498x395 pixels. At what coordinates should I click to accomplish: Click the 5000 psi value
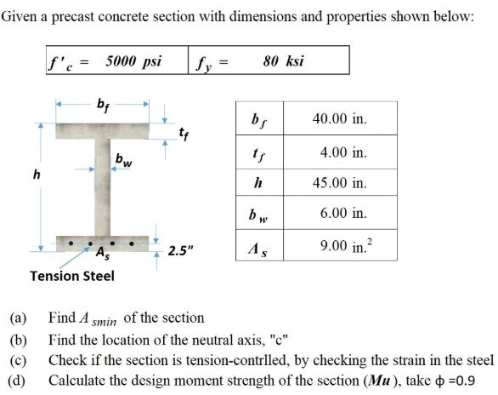[x=133, y=60]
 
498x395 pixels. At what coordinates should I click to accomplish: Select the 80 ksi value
[x=284, y=60]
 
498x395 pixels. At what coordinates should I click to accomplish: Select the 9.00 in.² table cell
[x=344, y=245]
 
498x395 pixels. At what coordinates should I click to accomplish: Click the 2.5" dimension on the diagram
[x=181, y=250]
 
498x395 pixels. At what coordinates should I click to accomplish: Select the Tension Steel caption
[x=72, y=276]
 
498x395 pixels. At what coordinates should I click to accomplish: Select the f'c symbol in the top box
[x=66, y=61]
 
